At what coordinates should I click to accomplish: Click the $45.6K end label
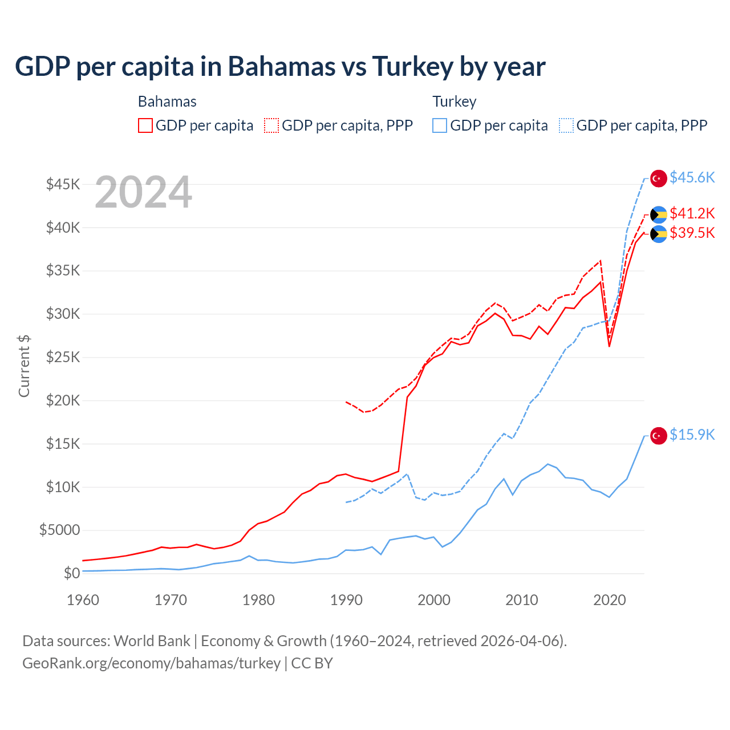[692, 177]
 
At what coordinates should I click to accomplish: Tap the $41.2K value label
[692, 213]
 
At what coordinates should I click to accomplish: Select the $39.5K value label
[692, 233]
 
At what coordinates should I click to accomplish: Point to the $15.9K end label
[692, 435]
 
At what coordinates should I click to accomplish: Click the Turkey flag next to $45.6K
[659, 178]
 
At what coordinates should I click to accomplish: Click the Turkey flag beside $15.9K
[659, 435]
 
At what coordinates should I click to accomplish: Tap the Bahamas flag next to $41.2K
[659, 214]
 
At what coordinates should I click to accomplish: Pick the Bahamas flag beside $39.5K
[659, 234]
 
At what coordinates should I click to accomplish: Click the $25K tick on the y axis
[63, 358]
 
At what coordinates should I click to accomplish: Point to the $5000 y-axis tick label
[59, 530]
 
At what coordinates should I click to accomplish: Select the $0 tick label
[71, 573]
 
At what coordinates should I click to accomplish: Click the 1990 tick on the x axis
[346, 600]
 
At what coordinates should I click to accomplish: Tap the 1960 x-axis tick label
[83, 600]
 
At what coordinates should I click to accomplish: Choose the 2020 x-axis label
[609, 600]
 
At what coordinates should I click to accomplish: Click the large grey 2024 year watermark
[143, 192]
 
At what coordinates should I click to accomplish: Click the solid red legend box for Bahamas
[145, 125]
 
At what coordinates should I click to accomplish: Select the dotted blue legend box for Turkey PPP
[566, 125]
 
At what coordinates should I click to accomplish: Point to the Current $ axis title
[24, 366]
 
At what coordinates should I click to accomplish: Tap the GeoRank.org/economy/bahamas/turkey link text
[151, 663]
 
